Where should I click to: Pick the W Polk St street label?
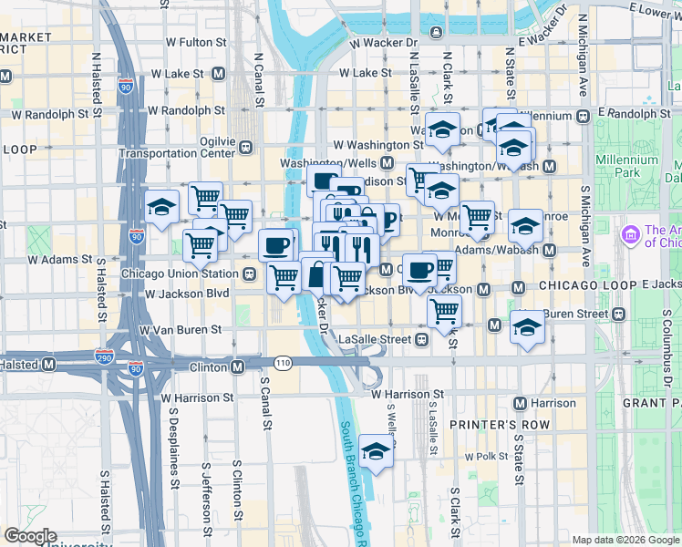(x=484, y=456)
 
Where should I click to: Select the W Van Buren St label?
(x=180, y=329)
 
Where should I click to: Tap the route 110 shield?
(x=284, y=363)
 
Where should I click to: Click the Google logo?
(x=30, y=536)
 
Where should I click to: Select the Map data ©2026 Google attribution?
(x=625, y=540)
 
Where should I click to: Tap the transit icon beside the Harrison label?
(x=520, y=403)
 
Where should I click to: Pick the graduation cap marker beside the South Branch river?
(x=374, y=451)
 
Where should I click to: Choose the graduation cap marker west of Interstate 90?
(x=161, y=207)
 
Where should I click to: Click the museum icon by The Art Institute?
(x=629, y=236)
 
